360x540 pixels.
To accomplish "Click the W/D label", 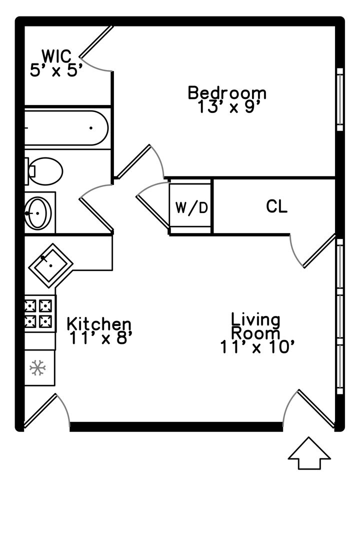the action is coord(192,207).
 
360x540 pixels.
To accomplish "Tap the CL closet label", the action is coord(276,206).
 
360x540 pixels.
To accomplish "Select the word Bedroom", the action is coord(227,93).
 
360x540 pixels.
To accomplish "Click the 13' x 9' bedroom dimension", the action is coord(228,107).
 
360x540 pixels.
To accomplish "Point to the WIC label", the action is coord(57,56).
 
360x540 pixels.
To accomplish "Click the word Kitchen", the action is coord(99,323).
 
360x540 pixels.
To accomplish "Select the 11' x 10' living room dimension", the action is coord(257,347).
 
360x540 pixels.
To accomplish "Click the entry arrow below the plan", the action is coord(309,453).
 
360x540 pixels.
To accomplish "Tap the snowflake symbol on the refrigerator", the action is coord(37,368).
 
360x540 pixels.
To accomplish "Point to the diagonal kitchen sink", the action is coord(50,265).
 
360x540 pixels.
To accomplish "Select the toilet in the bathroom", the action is coord(44,171).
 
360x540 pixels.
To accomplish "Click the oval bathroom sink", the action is coord(38,213).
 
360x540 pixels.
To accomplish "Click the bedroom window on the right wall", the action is coord(339,99).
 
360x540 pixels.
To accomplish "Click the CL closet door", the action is coord(313,250).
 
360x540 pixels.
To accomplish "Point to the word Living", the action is coord(255,319).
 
